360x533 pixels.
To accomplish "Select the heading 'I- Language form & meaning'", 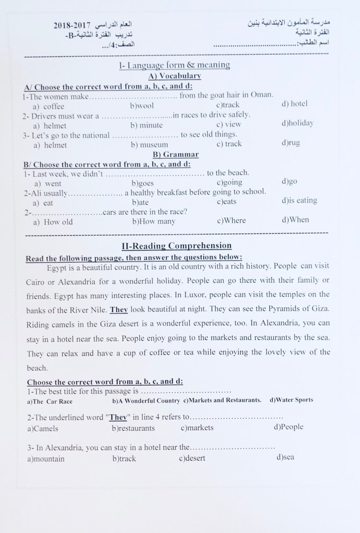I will [x=174, y=65].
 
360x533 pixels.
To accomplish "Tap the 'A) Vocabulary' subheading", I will [x=175, y=76].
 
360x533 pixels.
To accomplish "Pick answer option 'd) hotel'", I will [x=294, y=104].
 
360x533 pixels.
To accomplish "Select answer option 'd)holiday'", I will [x=297, y=123].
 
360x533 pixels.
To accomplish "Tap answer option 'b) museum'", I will [x=150, y=144].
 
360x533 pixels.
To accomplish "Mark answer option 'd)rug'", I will [x=291, y=143].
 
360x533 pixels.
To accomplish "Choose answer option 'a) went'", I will [x=47, y=184].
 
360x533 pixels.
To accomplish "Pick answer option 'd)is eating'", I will [x=299, y=200].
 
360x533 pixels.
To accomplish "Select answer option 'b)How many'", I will [x=154, y=221].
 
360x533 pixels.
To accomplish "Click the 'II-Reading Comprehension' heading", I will [x=177, y=246].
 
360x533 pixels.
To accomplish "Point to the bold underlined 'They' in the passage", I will [x=118, y=309].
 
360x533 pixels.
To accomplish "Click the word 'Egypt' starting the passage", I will [x=57, y=267].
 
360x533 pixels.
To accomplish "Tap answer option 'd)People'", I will [x=289, y=427].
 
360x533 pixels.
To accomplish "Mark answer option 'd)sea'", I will [x=285, y=457].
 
